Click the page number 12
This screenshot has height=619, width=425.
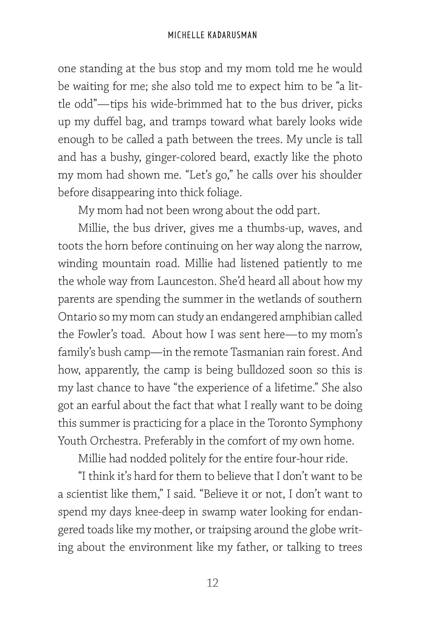(212, 582)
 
